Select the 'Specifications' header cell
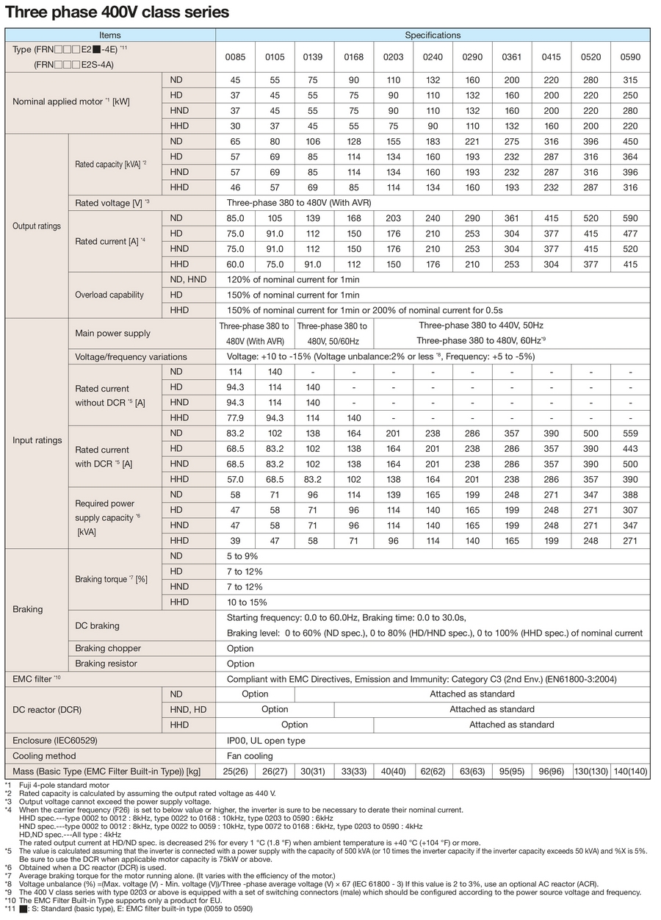tap(433, 35)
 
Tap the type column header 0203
tap(394, 57)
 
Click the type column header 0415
tap(552, 57)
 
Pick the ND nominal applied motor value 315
tap(630, 80)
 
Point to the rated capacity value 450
tap(630, 141)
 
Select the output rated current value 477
tap(630, 234)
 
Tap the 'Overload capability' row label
tap(109, 295)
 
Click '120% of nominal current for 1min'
tap(293, 280)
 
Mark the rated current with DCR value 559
tap(630, 433)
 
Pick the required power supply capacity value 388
tap(630, 495)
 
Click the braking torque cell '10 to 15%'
tap(247, 602)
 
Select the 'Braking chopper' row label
tap(108, 648)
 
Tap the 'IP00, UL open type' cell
tap(266, 741)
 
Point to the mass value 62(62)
tap(433, 772)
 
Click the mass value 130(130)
tap(591, 772)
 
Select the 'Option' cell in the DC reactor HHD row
tap(295, 725)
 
